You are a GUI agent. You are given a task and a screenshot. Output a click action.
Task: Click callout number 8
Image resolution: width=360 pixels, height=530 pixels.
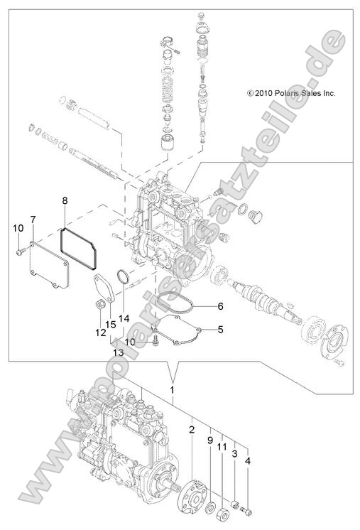tap(65, 201)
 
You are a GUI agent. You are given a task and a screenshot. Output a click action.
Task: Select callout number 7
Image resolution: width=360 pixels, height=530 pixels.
tap(33, 217)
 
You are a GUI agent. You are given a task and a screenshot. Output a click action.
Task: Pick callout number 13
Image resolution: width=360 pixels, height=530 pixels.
tap(117, 352)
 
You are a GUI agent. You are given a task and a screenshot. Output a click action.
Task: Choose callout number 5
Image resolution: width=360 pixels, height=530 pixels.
tap(220, 329)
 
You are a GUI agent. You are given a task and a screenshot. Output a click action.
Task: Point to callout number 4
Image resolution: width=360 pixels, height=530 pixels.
tap(247, 461)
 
